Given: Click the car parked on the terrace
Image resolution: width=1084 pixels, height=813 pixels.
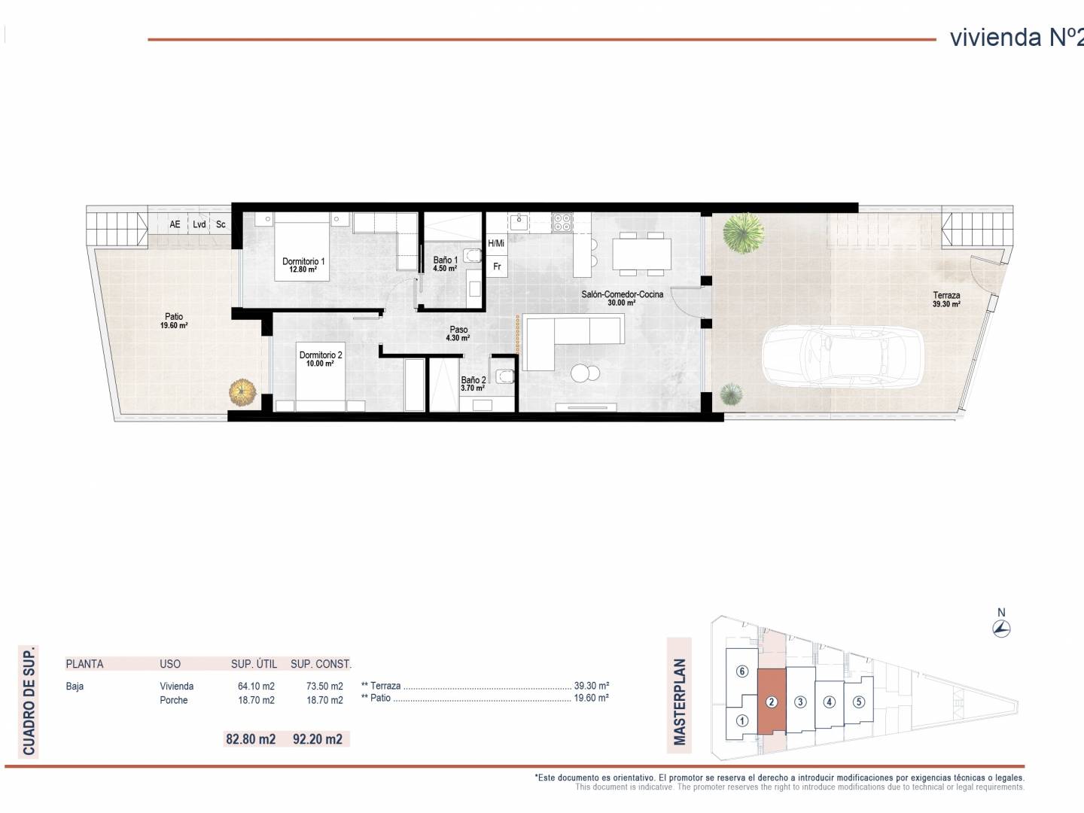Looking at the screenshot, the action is tap(842, 356).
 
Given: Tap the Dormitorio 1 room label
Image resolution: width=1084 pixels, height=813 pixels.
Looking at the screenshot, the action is tap(303, 264).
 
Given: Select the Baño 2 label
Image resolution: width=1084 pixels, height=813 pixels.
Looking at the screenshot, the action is tap(473, 384).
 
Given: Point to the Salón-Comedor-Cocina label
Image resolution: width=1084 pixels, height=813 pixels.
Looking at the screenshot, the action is tap(622, 298).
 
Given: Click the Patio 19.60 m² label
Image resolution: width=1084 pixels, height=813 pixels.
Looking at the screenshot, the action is tap(174, 321).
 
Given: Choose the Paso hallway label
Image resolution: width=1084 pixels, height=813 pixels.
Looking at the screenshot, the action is tap(458, 333).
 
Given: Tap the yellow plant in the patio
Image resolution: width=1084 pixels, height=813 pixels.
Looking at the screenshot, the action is tap(242, 392).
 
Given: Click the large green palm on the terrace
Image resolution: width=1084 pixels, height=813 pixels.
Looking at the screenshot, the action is tap(743, 233).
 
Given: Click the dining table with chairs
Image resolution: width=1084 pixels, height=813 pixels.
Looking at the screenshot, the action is tap(641, 254).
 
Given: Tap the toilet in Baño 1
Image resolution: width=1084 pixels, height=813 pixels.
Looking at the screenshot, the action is tap(473, 255).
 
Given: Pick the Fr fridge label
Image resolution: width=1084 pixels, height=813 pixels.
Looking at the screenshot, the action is tap(497, 266).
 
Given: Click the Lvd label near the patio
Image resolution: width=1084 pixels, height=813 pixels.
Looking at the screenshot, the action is tap(199, 224).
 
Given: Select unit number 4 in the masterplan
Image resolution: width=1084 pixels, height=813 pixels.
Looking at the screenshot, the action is tap(829, 702).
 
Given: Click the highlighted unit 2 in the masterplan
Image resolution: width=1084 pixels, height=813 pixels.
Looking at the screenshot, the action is tap(772, 702).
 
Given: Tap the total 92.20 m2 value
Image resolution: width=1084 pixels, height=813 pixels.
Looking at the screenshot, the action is tap(318, 739).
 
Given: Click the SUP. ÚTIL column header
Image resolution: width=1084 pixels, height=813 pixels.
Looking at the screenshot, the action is tap(254, 664).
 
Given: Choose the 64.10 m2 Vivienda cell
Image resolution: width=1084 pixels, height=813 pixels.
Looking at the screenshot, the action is tap(256, 686).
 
